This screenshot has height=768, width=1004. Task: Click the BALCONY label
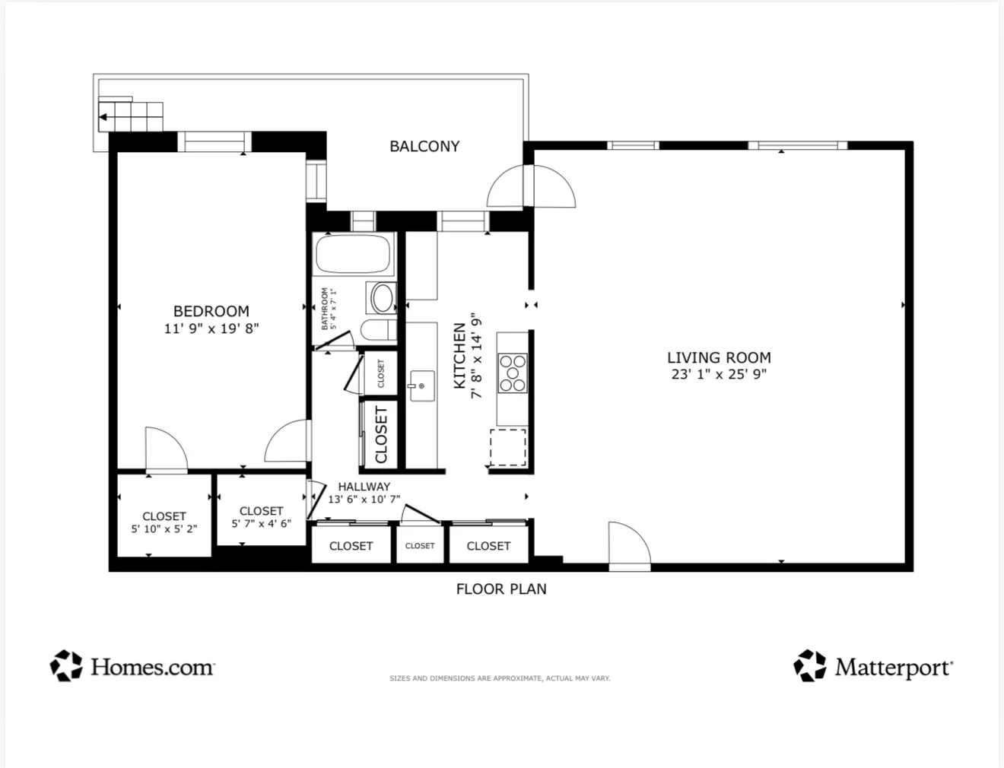click(424, 146)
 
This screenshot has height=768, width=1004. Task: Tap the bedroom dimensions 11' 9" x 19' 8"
click(211, 328)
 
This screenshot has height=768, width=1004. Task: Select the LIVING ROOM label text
click(719, 357)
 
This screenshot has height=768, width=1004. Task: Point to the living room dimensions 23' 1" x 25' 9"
click(719, 374)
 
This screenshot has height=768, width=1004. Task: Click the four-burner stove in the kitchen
click(513, 373)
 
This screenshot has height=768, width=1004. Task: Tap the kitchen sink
click(421, 386)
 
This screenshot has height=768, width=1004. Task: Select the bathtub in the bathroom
click(354, 255)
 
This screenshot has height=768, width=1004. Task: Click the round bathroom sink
click(382, 298)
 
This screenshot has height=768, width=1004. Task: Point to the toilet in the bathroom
click(377, 331)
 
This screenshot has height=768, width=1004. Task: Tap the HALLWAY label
click(364, 487)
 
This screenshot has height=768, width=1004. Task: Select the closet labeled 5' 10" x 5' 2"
click(164, 522)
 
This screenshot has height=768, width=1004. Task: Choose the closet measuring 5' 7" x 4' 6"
click(261, 517)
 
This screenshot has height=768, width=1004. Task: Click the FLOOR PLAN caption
click(501, 589)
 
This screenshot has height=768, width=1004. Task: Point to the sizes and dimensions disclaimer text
click(500, 678)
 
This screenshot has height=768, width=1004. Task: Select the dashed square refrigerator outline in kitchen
click(507, 447)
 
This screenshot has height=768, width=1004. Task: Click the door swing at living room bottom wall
click(628, 543)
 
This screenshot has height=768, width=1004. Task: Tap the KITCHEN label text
click(459, 356)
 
